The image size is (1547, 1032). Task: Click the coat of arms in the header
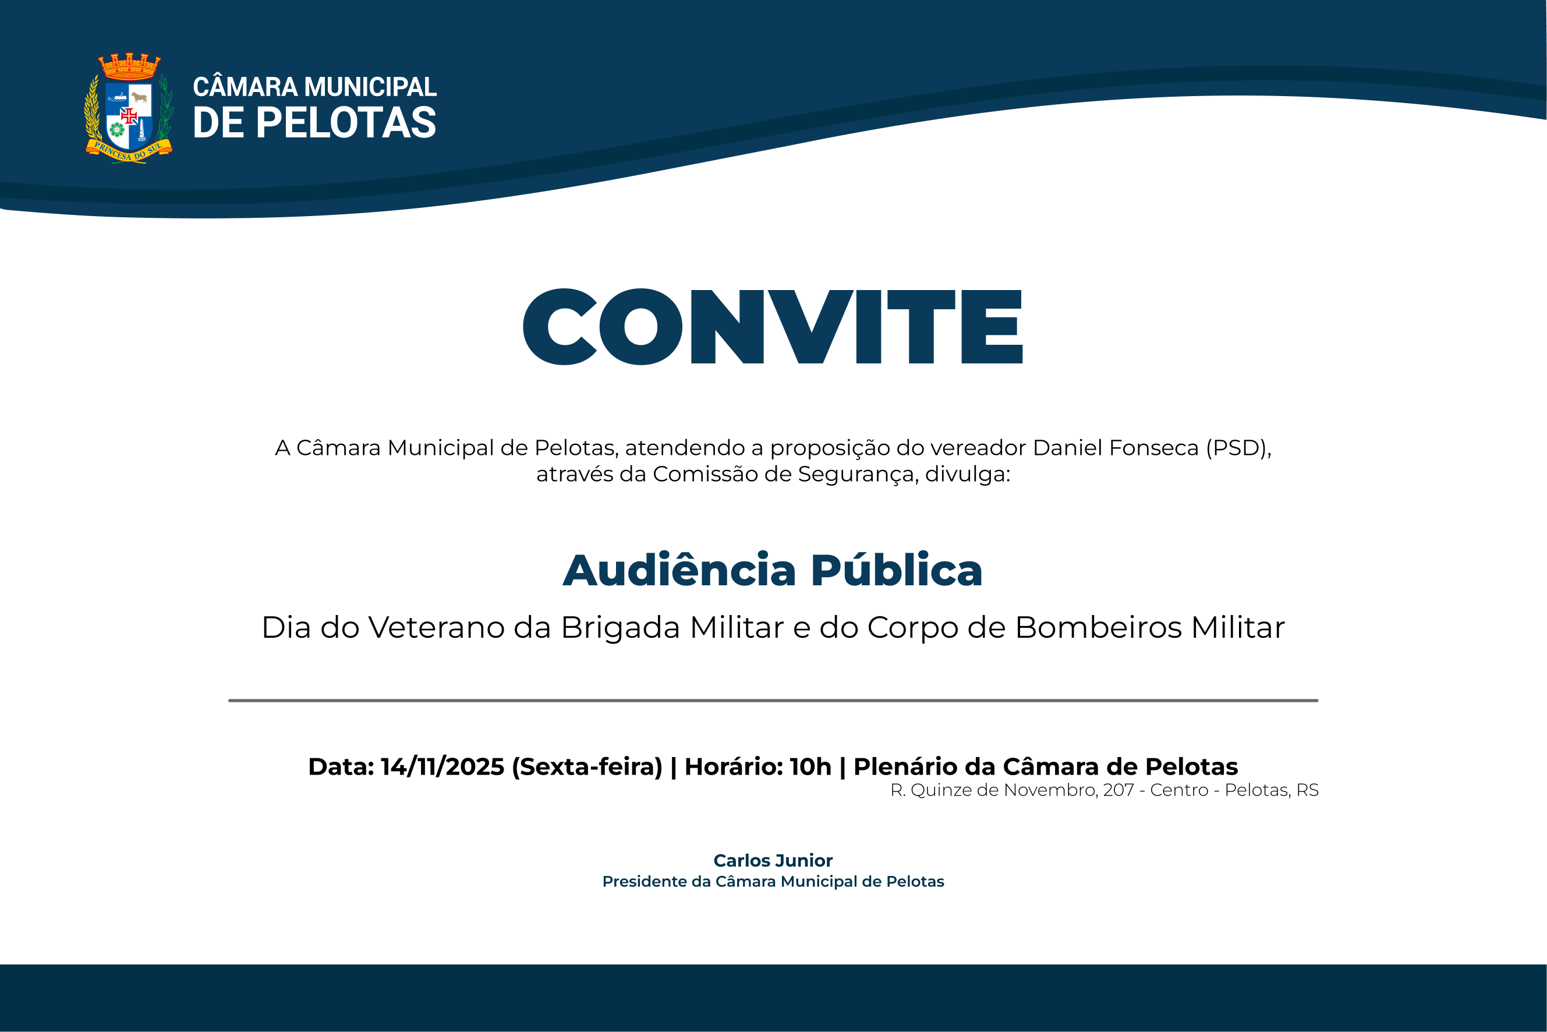coord(129,108)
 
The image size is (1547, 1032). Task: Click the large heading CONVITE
coord(773,327)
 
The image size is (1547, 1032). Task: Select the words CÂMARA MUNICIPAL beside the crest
coord(314,87)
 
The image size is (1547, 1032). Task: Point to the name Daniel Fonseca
coord(1116,447)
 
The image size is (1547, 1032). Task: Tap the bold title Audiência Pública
coord(773,570)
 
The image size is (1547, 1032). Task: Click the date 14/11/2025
coord(442,767)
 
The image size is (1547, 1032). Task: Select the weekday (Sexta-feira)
coord(587,767)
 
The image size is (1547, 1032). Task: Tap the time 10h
coord(810,767)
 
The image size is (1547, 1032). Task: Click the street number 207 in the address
coord(1118,790)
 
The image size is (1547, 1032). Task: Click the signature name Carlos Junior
coord(773,861)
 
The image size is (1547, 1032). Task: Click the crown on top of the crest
coord(129,66)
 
